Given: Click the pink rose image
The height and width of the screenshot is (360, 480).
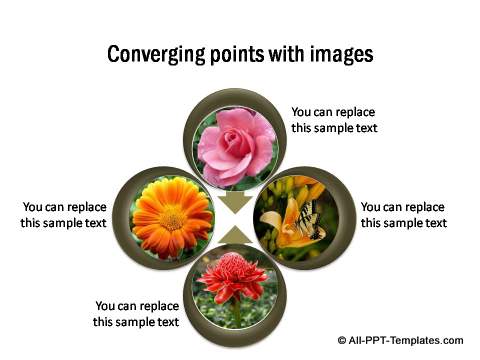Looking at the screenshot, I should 235,146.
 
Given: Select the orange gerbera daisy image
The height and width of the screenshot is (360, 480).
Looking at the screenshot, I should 172,218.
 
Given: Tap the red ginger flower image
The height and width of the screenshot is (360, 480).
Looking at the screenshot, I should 236,290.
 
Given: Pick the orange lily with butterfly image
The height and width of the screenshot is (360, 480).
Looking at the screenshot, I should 298,218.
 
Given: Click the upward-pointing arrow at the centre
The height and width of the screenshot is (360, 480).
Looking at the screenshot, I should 236,236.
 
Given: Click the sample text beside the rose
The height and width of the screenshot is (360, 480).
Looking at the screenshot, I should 334,120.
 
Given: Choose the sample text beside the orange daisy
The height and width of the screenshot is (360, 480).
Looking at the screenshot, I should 63,214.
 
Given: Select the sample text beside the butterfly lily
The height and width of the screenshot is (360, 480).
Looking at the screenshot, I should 403,214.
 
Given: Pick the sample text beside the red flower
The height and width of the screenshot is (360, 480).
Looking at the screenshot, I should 137,313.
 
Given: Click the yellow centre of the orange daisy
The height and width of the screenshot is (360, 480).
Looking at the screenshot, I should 172,217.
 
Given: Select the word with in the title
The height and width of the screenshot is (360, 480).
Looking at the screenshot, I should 284,54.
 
